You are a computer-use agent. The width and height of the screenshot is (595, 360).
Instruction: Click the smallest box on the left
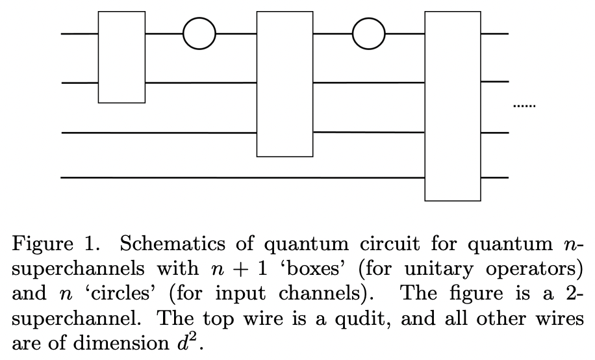(121, 57)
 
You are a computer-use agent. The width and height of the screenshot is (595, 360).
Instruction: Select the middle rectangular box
(285, 84)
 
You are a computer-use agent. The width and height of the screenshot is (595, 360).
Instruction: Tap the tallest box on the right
(453, 106)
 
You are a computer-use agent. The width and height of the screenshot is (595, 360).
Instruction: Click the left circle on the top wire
(199, 33)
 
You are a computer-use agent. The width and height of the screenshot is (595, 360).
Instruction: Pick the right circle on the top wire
(368, 33)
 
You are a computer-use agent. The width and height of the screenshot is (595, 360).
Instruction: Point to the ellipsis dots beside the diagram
(524, 105)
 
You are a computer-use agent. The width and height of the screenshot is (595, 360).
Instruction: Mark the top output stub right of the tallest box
(495, 33)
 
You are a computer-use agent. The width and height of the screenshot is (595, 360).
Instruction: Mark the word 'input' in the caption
(245, 294)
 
